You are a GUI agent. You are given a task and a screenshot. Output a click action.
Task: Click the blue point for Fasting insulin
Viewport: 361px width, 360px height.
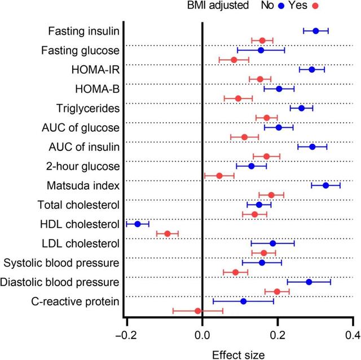tap(316, 31)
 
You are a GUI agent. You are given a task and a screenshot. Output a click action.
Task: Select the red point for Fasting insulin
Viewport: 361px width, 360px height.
tap(262, 41)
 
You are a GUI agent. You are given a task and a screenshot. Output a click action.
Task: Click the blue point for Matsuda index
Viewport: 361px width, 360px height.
tap(326, 185)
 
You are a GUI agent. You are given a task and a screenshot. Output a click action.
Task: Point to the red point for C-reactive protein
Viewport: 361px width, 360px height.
tap(198, 311)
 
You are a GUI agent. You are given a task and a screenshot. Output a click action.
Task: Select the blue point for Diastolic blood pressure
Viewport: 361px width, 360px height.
tap(309, 282)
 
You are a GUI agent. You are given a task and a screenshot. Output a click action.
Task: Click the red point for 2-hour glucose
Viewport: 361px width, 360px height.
tap(219, 176)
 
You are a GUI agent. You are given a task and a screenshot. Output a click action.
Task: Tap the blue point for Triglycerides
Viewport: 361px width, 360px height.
tap(301, 108)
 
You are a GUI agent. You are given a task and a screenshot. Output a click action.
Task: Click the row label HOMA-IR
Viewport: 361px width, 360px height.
tap(98, 69)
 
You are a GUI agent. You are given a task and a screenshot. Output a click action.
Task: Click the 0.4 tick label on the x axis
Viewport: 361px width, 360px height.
tap(353, 336)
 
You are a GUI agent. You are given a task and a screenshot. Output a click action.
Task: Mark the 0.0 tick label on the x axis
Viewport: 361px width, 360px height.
tap(202, 336)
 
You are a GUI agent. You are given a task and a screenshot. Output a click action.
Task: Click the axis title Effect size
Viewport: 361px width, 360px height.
tap(237, 354)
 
